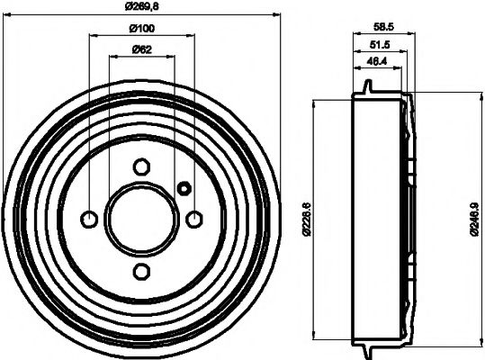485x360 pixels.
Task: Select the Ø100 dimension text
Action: pyautogui.click(x=139, y=29)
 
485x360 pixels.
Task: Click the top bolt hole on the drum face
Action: pyautogui.click(x=141, y=166)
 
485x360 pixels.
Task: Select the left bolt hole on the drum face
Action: pyautogui.click(x=89, y=219)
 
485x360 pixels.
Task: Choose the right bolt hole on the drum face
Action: pyautogui.click(x=193, y=219)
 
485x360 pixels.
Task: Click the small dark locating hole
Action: pyautogui.click(x=184, y=188)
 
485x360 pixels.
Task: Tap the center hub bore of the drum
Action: pyautogui.click(x=141, y=219)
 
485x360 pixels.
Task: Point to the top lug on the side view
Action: pyautogui.click(x=367, y=87)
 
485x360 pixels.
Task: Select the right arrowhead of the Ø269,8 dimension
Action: pyautogui.click(x=275, y=15)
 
